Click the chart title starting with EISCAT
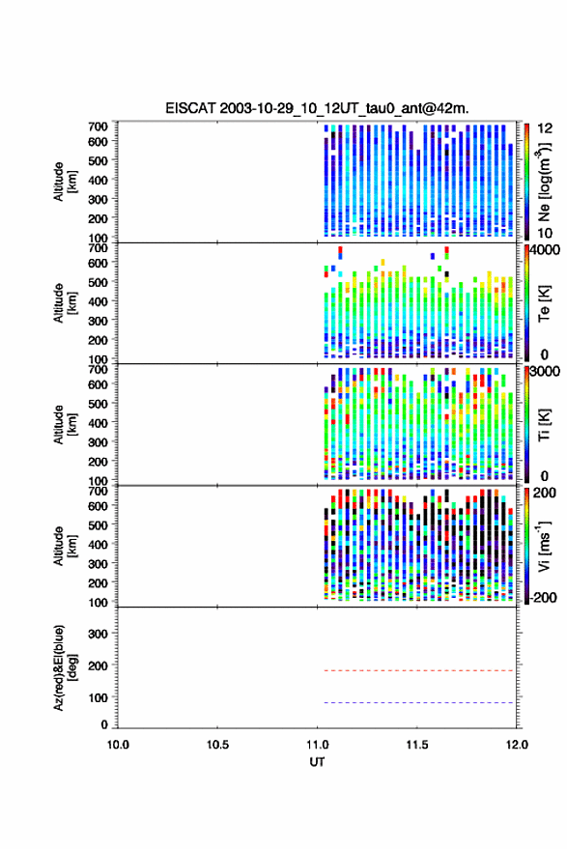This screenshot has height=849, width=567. [317, 108]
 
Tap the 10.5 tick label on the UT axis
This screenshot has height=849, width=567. [217, 745]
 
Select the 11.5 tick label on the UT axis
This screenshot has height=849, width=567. [417, 745]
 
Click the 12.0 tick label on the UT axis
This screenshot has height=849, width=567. [517, 745]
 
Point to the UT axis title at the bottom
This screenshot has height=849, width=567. [317, 762]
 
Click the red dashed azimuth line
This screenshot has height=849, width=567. [418, 671]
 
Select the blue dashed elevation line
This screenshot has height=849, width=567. [418, 703]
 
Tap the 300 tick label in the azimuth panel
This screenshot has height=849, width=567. [98, 634]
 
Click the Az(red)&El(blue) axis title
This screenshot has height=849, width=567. [65, 668]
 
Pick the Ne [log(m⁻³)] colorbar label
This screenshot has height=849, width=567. [545, 182]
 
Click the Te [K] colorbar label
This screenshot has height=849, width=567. [544, 303]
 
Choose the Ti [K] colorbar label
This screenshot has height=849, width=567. [544, 425]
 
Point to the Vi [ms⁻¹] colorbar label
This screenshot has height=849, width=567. [544, 547]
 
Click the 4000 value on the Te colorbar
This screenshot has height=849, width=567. [545, 250]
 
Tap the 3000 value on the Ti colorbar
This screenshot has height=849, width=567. [545, 372]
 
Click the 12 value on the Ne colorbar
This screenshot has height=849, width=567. [546, 128]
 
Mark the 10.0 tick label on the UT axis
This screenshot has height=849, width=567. [118, 745]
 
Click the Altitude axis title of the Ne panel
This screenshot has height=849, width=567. [65, 182]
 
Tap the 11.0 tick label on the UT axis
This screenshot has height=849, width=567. [318, 745]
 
